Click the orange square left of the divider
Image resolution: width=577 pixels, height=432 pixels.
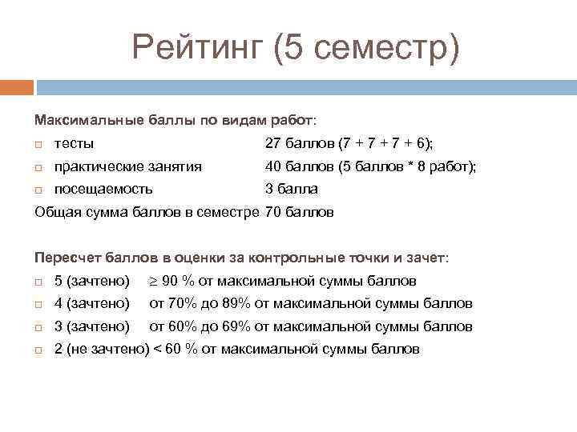tap(17, 86)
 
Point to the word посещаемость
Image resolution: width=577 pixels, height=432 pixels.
tap(103, 190)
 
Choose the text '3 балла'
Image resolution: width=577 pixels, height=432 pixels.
tap(292, 190)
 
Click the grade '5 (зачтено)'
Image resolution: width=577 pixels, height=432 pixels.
tap(91, 282)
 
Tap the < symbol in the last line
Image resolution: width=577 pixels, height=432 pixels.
tap(157, 350)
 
